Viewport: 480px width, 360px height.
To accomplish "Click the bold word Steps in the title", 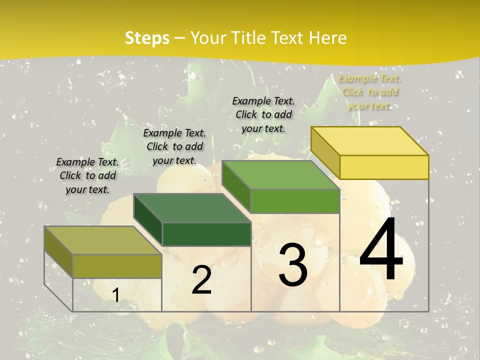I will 147,38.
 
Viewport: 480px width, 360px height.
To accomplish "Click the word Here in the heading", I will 327,38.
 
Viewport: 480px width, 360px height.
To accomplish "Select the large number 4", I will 381,249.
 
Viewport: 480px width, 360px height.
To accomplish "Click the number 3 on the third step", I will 293,264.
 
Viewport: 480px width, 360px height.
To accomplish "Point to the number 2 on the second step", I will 201,280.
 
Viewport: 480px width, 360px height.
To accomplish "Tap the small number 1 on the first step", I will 115,295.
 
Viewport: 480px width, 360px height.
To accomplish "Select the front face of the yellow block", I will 384,167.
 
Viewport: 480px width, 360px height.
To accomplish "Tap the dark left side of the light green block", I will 236,186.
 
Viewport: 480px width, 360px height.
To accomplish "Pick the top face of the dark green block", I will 192,208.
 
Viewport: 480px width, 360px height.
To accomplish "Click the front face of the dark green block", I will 206,234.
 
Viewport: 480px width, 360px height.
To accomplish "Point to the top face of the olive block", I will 103,240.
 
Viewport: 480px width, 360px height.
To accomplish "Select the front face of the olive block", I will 117,266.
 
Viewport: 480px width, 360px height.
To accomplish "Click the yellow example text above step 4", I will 369,92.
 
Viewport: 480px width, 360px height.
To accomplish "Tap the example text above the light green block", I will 263,114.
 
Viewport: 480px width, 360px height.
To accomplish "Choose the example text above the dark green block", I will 174,146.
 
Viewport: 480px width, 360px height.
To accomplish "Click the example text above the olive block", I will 87,175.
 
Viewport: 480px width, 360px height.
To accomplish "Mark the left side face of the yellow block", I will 325,152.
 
